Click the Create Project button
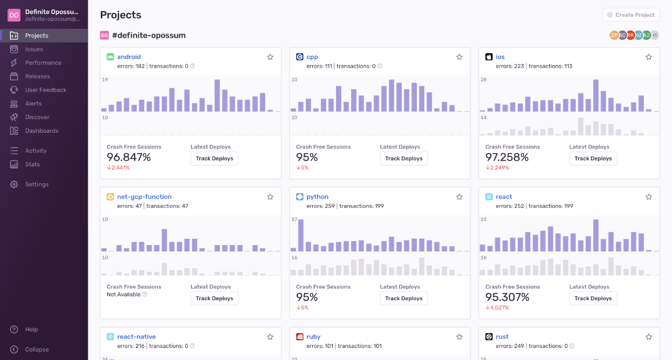631,15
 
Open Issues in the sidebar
34,49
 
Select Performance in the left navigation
43,63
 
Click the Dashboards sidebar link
41,131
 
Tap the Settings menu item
37,184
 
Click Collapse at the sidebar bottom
37,350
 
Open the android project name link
129,57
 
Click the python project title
317,197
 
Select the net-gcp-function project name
144,197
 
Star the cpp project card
459,57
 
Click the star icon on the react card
648,197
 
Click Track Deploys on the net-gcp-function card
214,299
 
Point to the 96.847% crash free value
129,157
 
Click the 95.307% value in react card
507,297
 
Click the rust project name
502,337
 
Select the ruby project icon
299,337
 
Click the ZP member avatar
614,35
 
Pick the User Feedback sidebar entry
46,90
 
